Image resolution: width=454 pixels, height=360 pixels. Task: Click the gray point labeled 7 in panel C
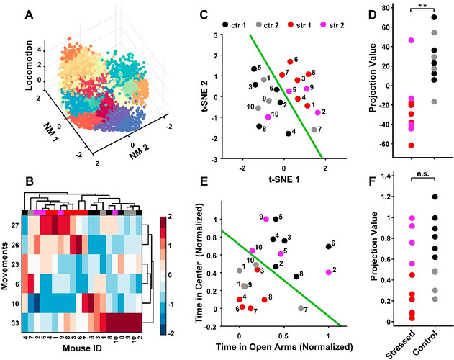(x=314, y=130)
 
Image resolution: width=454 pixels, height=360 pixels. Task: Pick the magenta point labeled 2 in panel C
(x=317, y=112)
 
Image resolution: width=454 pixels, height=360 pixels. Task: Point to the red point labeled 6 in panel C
(x=290, y=62)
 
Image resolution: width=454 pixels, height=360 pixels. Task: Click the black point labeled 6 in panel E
(x=329, y=246)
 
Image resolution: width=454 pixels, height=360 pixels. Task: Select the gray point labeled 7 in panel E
(x=301, y=308)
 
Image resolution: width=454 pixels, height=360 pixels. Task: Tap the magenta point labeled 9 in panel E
(x=265, y=218)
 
